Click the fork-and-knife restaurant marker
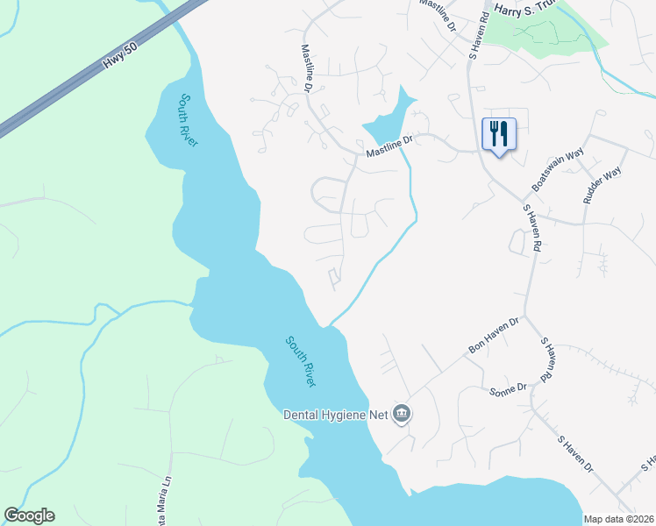498,134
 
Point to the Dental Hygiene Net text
335,414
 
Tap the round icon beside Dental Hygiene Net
402,413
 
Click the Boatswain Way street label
557,170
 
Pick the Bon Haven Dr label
494,336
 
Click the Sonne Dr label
508,387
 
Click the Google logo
29,515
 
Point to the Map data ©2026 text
618,519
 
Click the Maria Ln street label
160,491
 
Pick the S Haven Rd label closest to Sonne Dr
545,359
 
